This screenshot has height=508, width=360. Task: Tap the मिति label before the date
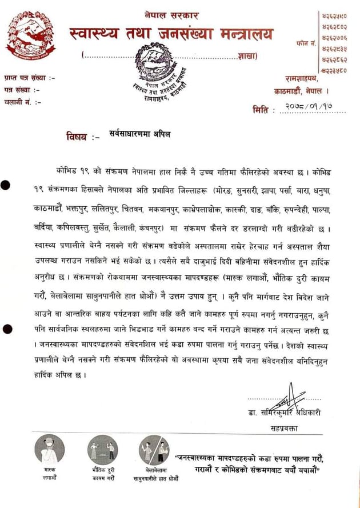[261, 109]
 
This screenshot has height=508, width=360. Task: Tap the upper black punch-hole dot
[6, 184]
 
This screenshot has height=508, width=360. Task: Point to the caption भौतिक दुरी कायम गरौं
[102, 474]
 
